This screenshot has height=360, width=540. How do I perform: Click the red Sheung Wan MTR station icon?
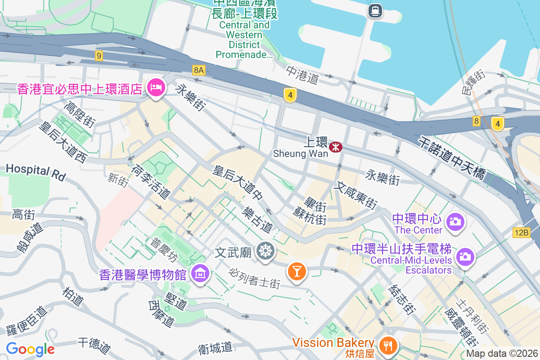tap(335, 147)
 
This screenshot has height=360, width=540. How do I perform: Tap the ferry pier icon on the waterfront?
tap(375, 10)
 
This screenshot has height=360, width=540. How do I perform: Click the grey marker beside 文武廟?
tap(266, 251)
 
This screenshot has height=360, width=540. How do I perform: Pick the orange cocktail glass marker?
tap(297, 271)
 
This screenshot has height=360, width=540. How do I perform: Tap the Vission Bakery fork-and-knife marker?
tap(387, 345)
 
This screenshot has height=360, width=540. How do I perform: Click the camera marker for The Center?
tap(455, 221)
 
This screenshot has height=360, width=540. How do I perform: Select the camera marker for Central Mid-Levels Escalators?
tap(465, 257)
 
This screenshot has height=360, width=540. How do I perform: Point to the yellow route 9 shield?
tap(99, 56)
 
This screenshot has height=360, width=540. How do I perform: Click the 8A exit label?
tap(198, 70)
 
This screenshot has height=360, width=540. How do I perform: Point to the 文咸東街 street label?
tap(355, 194)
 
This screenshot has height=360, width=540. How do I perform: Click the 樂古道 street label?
tap(257, 220)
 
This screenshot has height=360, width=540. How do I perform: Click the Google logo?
tap(30, 349)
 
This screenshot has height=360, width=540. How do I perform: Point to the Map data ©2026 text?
tap(502, 354)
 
